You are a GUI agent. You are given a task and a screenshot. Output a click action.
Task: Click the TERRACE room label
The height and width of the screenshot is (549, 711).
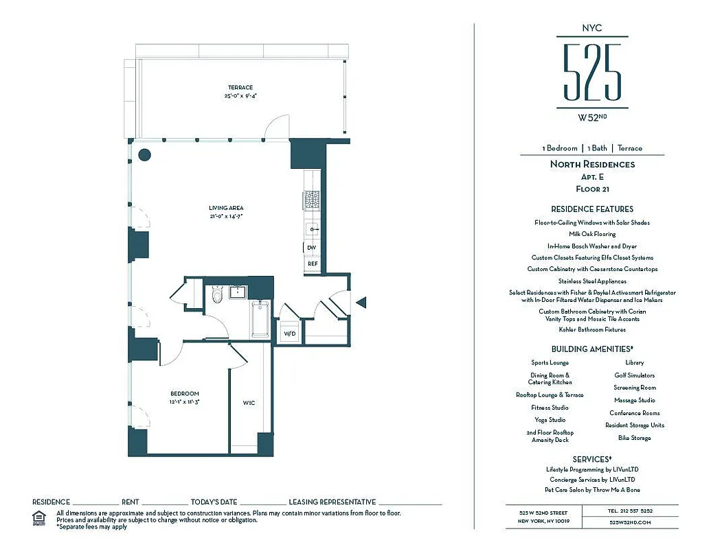click(240, 88)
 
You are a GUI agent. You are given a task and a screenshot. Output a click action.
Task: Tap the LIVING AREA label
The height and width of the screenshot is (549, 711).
click(226, 208)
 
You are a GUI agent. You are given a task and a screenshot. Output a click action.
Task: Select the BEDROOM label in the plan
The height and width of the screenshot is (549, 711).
click(185, 393)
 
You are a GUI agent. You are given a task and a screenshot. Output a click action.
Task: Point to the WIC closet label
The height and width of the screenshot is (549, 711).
click(249, 403)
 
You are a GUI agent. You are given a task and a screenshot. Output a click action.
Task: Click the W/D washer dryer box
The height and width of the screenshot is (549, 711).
click(289, 334)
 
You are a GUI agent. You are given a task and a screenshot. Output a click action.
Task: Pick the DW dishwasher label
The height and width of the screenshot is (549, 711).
click(312, 248)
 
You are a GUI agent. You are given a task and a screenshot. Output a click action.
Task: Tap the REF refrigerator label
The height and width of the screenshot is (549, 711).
click(313, 264)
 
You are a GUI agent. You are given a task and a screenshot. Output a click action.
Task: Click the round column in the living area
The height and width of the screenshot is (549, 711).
click(144, 154)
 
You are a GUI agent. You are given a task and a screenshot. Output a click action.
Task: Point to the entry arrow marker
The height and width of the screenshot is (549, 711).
click(362, 301)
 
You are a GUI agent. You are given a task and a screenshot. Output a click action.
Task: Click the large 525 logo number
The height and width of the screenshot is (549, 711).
click(592, 72)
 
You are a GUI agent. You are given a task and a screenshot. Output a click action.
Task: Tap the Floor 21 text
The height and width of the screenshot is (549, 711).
click(592, 189)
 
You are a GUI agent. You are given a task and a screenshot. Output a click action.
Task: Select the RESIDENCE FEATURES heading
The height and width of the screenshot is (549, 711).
click(592, 209)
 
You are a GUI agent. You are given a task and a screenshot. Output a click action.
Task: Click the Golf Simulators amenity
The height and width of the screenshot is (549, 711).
click(634, 375)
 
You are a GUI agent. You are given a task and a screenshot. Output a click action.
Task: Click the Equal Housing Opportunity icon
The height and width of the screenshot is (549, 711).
click(40, 517)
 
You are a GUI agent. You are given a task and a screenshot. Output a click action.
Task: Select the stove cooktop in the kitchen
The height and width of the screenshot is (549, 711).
click(312, 200)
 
